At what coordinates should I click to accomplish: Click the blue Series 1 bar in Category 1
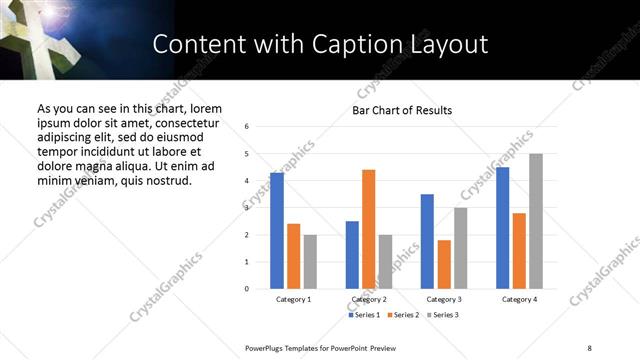(x=277, y=230)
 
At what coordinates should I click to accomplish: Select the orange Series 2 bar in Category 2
(x=368, y=229)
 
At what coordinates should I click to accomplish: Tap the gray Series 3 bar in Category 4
(x=536, y=221)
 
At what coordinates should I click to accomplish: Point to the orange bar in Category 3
(x=444, y=264)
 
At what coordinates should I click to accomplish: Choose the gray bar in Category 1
(x=310, y=262)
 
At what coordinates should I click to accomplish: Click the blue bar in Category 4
(x=502, y=228)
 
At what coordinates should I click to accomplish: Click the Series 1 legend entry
(x=365, y=315)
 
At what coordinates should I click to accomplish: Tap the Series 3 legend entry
(x=444, y=315)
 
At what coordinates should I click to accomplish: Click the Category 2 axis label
(x=368, y=299)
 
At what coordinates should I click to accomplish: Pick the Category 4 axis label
(x=519, y=299)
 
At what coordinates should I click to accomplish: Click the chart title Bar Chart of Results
(x=402, y=110)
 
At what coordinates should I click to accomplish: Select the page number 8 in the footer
(x=589, y=346)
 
